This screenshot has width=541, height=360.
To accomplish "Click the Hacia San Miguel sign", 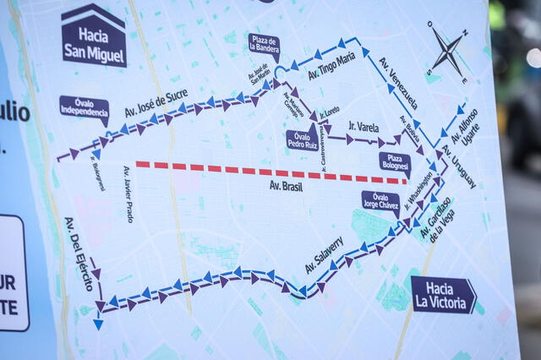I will point(94,37).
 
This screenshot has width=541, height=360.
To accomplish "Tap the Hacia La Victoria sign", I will point(443,295).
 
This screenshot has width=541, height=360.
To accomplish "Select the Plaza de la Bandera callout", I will point(264,45).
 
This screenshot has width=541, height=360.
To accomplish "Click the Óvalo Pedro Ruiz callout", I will point(302,139).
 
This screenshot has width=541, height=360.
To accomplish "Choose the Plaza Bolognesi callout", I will point(394,162).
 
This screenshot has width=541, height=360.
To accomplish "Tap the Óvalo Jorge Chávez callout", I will point(380,201).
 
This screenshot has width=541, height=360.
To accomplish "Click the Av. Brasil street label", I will point(287,185).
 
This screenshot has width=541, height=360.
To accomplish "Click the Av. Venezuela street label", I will point(397,83).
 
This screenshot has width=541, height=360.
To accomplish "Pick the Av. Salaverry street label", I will point(325,254).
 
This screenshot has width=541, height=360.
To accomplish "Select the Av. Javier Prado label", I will point(128,194).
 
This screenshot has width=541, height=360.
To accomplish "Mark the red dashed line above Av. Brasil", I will point(270,171).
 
